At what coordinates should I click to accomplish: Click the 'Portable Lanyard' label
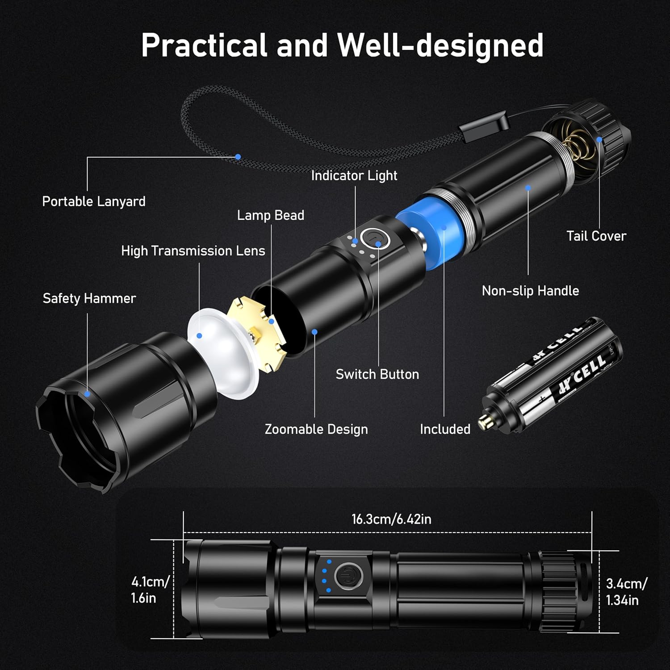[x=94, y=201]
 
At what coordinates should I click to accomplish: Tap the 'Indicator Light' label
[x=354, y=176]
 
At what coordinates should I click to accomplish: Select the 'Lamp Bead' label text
[x=270, y=215]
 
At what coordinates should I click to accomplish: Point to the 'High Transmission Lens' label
[x=193, y=251]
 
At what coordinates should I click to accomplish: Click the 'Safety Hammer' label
[x=89, y=298]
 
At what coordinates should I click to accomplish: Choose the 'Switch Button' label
[x=377, y=374]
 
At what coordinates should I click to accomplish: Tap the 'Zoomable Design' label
[x=316, y=429]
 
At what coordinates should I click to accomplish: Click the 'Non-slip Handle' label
[x=530, y=291]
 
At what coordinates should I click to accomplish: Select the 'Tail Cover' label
[x=596, y=236]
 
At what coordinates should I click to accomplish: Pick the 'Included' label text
[x=445, y=429]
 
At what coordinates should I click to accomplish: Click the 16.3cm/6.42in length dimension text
[x=391, y=519]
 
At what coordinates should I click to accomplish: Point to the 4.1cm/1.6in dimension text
[x=149, y=590]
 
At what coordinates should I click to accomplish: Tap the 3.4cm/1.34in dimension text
[x=625, y=591]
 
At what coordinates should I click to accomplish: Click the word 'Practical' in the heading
[x=204, y=45]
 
